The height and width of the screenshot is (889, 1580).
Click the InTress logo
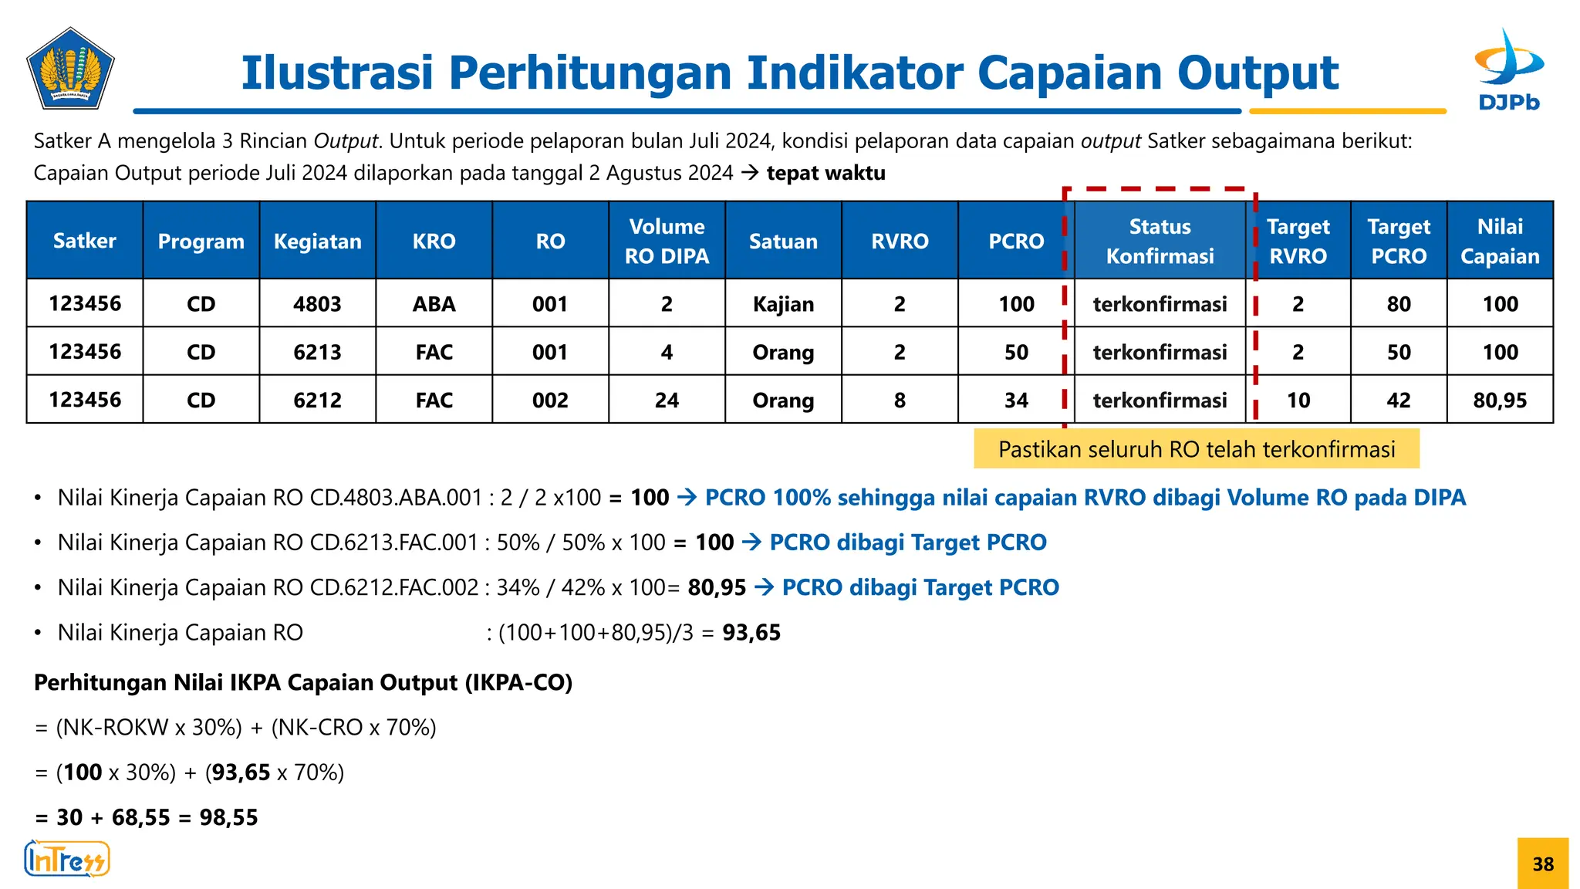click(67, 860)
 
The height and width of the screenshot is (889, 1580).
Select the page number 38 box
click(1542, 864)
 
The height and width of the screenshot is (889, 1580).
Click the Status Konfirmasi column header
click(1160, 241)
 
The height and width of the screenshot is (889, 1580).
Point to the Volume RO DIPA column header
click(667, 241)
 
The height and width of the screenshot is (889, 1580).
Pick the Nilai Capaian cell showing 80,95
click(1499, 400)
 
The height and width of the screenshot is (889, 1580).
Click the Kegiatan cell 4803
click(317, 304)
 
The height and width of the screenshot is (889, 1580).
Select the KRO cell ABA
click(434, 304)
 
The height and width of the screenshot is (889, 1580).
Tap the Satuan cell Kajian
click(783, 304)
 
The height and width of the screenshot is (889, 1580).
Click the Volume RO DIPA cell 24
click(667, 400)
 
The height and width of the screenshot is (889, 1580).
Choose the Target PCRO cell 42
click(1398, 400)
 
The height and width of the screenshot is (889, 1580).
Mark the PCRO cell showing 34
click(1015, 400)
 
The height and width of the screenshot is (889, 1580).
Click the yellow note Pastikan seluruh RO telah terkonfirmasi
click(1196, 449)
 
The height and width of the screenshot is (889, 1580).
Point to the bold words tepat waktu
click(825, 173)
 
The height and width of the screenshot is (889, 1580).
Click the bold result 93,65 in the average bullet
click(751, 633)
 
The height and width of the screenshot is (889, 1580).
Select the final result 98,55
click(228, 817)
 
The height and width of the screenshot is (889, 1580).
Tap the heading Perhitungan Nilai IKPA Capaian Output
click(303, 683)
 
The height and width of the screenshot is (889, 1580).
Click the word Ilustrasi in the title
click(336, 73)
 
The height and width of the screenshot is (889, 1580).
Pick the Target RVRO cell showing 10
click(1298, 400)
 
